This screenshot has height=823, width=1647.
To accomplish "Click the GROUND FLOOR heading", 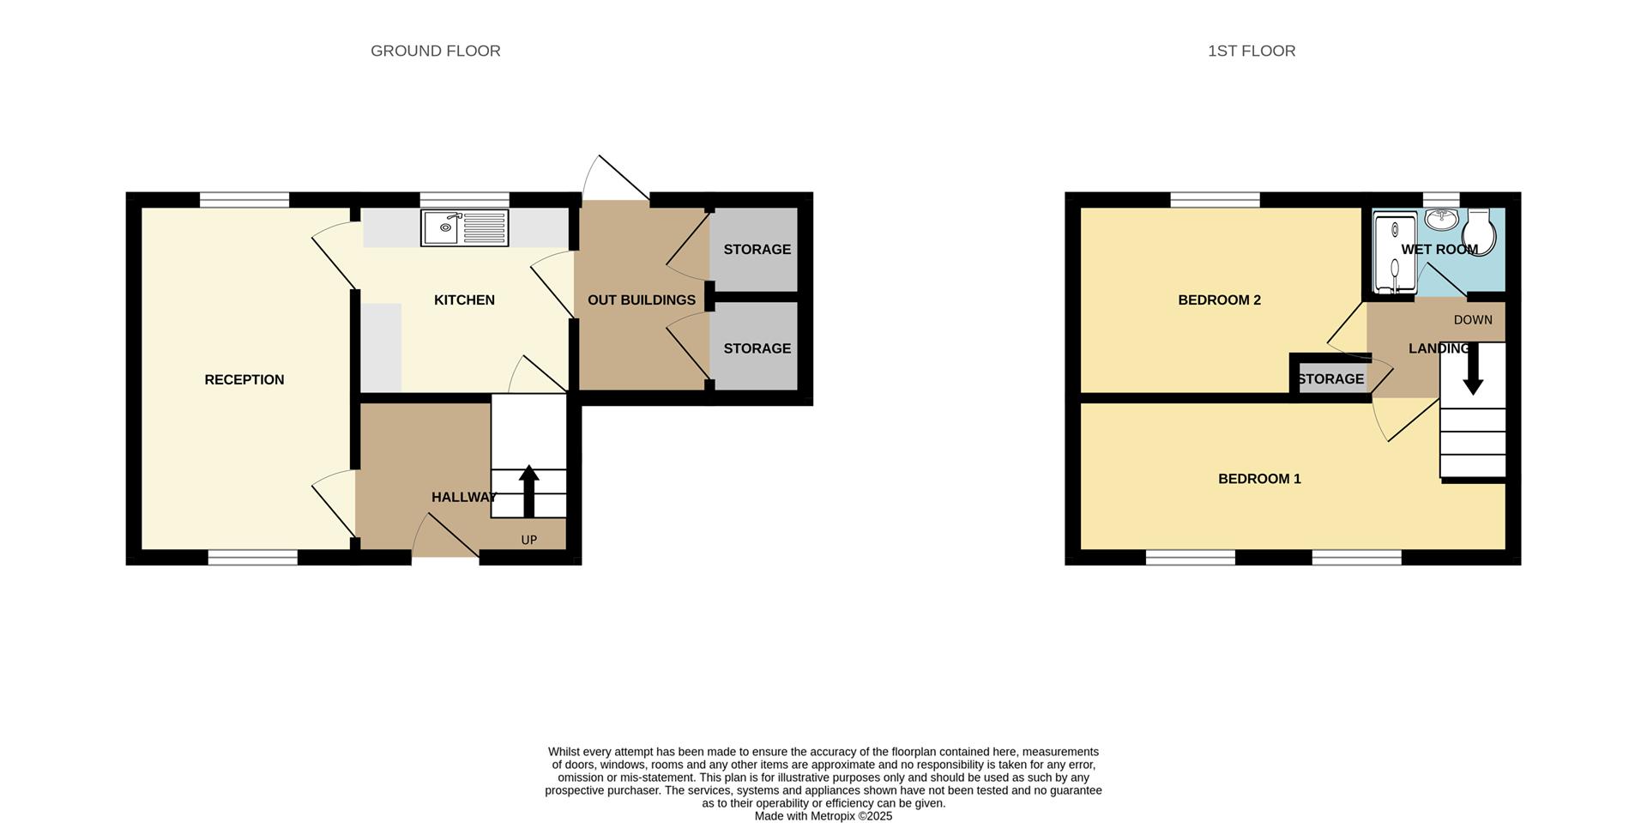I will click(x=435, y=51).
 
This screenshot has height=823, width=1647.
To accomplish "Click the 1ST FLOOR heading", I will click(x=1251, y=51).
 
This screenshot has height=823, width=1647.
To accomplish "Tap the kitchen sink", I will click(x=464, y=228).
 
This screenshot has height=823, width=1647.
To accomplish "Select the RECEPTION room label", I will click(x=244, y=380).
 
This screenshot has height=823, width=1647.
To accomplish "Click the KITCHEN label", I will click(x=464, y=300).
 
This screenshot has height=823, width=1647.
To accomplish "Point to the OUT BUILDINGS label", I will click(x=641, y=300).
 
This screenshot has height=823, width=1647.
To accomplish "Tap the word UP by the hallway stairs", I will click(x=528, y=540).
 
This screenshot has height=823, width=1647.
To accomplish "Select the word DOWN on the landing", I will click(x=1473, y=320).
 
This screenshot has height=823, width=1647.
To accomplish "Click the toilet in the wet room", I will click(x=1480, y=227).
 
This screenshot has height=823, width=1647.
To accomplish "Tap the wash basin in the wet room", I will click(x=1443, y=219).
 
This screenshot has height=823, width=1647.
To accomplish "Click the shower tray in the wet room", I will click(x=1394, y=253).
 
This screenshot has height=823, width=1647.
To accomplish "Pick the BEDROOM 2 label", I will click(x=1218, y=300).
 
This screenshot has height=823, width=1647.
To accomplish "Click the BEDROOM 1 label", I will click(x=1258, y=479).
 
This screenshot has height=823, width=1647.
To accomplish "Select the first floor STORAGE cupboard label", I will click(x=1330, y=379).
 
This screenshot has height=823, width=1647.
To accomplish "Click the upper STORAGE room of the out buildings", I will click(x=756, y=250).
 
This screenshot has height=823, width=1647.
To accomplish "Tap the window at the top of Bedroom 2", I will click(x=1215, y=200).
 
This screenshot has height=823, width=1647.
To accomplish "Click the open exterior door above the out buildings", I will click(x=616, y=179).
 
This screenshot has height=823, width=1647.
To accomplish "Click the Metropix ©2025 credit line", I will click(x=823, y=816).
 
